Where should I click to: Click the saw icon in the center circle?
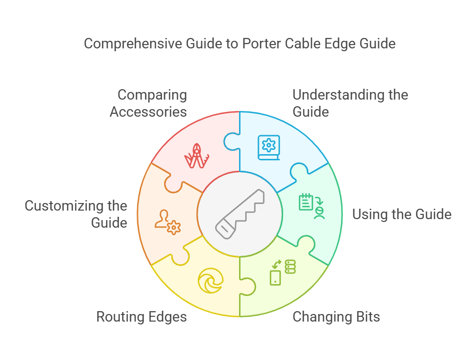(x=240, y=213)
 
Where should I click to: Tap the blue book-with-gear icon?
(x=269, y=148)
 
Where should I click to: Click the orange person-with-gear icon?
(x=167, y=222)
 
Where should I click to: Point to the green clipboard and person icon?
(x=312, y=205)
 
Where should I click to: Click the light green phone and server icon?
(x=282, y=272)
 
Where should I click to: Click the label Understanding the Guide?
(x=350, y=103)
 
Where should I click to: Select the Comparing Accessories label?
(x=148, y=103)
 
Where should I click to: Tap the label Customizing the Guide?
(x=76, y=214)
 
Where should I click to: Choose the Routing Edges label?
(x=141, y=316)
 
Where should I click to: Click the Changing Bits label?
(x=336, y=316)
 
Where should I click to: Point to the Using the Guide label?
(x=401, y=214)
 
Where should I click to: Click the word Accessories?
(x=148, y=112)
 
